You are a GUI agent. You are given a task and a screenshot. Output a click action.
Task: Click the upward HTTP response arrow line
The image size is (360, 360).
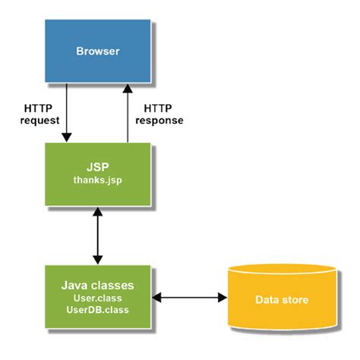128,114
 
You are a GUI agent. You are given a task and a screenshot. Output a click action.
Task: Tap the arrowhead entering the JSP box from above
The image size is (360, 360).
67,137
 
